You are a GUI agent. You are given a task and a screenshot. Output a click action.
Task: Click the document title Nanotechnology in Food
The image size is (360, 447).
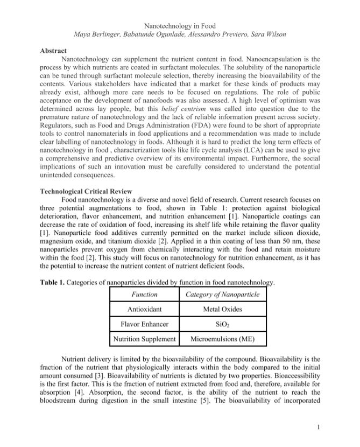[x=180, y=25]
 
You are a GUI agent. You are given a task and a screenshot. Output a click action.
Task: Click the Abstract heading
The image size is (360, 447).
[x=54, y=50]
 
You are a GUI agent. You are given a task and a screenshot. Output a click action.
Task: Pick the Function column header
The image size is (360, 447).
[x=144, y=295]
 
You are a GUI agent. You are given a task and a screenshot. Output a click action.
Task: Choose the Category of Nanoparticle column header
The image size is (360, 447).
[x=222, y=295]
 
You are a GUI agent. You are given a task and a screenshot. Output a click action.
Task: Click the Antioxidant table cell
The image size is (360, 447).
[x=144, y=310]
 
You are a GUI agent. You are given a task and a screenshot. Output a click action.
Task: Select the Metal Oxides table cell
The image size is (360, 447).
[x=222, y=310]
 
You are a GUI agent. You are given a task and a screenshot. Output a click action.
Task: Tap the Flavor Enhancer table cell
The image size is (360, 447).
[x=144, y=324]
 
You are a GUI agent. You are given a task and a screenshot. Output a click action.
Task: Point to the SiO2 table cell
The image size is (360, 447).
[x=222, y=324]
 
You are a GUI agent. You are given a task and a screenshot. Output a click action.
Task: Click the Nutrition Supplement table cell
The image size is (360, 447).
[x=144, y=339]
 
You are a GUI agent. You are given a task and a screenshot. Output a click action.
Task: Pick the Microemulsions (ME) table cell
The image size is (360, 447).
[x=222, y=339]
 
